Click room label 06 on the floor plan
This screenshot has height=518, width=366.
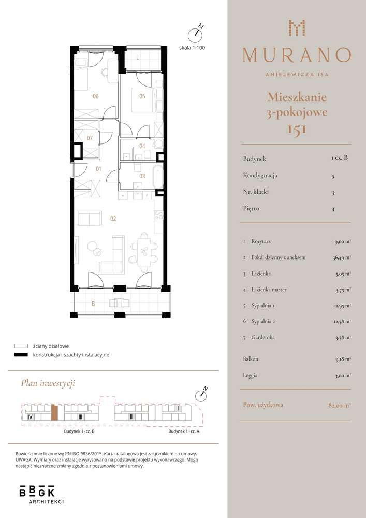point(95,96)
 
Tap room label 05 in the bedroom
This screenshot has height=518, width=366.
point(142,96)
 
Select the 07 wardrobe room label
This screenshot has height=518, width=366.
point(90,138)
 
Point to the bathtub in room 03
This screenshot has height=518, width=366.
point(158,177)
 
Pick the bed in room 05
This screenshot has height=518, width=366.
point(143,100)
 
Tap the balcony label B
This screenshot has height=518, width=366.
point(93,304)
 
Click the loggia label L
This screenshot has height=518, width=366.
point(137,57)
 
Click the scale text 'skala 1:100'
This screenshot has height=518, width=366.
point(192,48)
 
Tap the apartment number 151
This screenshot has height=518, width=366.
point(297,129)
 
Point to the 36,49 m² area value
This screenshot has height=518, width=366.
point(342,257)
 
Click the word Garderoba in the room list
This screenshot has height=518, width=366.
point(262,337)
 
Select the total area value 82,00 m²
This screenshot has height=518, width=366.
point(339,405)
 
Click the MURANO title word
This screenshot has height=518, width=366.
point(297,55)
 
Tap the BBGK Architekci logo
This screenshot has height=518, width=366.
point(41,494)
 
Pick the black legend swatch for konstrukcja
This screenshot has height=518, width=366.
point(21,355)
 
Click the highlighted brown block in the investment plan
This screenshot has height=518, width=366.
point(55,412)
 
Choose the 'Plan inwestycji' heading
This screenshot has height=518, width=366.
point(48,383)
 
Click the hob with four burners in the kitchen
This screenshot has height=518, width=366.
point(159,215)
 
